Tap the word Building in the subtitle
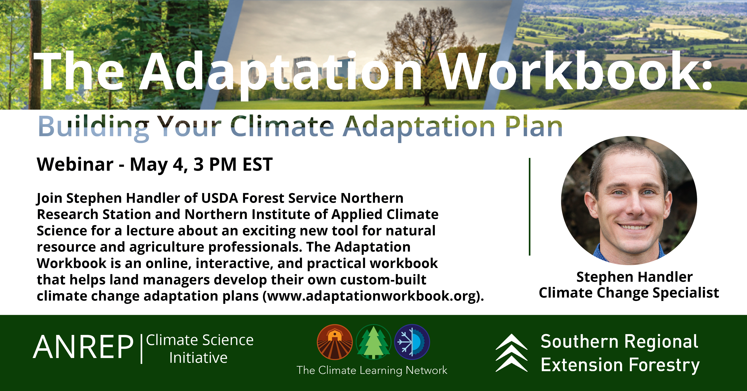click(x=94, y=128)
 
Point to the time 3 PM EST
click(x=233, y=164)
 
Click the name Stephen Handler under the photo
click(x=634, y=277)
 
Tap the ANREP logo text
click(x=84, y=347)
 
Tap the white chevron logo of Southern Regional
click(x=511, y=353)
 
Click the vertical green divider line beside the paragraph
click(x=530, y=207)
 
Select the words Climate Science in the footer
click(x=200, y=340)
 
